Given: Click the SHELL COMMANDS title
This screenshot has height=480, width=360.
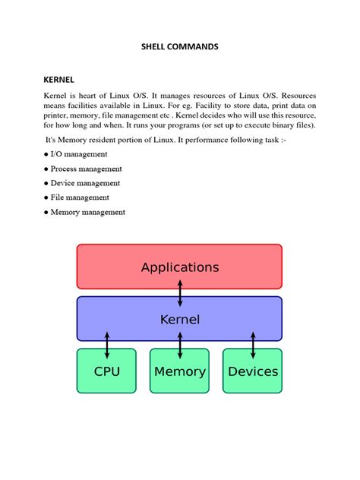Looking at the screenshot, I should tap(179, 47).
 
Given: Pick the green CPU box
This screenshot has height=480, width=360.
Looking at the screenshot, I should tap(106, 371).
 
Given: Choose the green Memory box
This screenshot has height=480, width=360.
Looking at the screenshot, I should tap(179, 371).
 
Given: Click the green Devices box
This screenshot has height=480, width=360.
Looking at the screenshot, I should tap(252, 371).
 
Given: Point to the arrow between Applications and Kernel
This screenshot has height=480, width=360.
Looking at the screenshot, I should tap(180, 292).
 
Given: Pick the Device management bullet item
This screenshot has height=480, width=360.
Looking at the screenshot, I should tap(85, 183).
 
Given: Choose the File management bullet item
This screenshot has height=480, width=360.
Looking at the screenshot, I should tap(80, 197).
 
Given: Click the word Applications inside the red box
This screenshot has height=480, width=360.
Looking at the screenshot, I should tap(180, 267).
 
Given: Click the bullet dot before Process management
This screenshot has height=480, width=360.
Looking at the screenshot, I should tap(46, 169).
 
